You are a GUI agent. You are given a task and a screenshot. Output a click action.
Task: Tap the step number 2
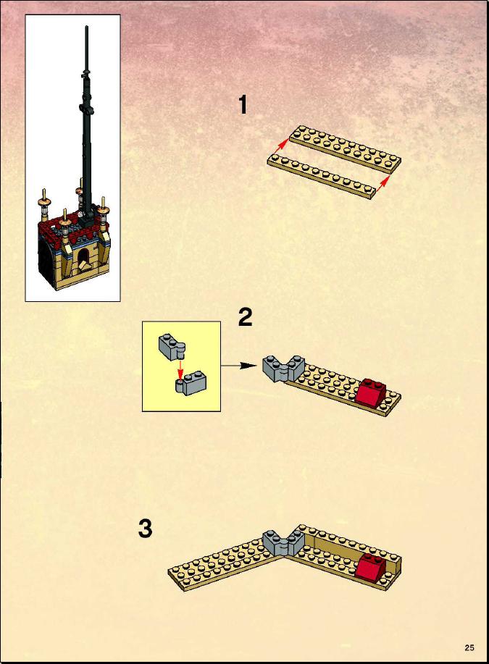(245, 316)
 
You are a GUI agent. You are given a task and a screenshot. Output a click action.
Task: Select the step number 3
(146, 529)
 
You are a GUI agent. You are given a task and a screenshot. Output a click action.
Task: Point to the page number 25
(469, 647)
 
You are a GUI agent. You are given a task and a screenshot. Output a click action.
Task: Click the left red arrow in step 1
(280, 148)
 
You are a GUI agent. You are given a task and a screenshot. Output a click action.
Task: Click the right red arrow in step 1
(385, 181)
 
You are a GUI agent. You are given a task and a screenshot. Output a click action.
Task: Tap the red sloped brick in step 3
(372, 565)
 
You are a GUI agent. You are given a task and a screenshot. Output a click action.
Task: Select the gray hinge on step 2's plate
(283, 367)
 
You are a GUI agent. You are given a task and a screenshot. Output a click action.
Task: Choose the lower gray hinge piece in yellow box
(189, 384)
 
